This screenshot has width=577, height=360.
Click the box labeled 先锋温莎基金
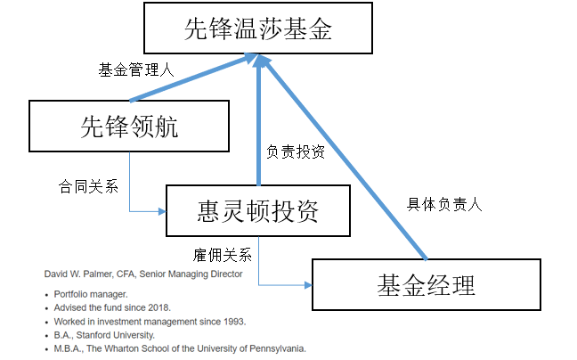(x=258, y=28)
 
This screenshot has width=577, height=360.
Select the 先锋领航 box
(x=129, y=126)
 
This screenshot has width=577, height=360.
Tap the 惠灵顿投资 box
(x=258, y=210)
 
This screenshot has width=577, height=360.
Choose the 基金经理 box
(x=427, y=284)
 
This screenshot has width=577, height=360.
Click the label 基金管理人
(x=135, y=70)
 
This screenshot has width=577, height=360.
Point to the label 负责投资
(x=296, y=151)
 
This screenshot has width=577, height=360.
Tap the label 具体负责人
(x=444, y=204)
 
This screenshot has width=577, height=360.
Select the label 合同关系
(x=89, y=186)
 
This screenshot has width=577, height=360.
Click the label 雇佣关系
(x=223, y=255)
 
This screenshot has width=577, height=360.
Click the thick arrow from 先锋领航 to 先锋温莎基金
(x=193, y=78)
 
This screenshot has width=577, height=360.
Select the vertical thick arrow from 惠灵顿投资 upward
(x=259, y=119)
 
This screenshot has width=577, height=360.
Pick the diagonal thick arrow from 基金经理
(x=344, y=157)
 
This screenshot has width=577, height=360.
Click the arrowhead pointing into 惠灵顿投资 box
(x=162, y=211)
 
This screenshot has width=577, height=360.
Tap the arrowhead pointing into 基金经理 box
(x=308, y=285)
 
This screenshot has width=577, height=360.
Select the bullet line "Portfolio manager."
(x=91, y=294)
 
